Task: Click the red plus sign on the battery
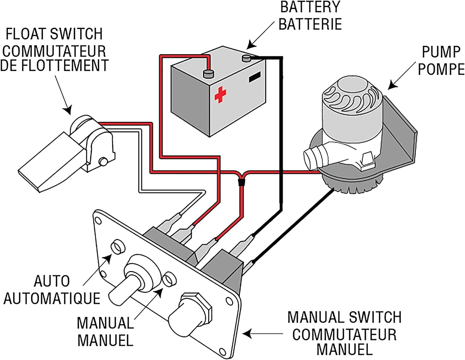(x=220, y=95)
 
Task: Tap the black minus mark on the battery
(x=255, y=77)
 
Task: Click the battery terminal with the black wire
(x=246, y=57)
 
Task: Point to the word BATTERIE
(x=310, y=24)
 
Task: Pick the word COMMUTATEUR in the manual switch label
(x=344, y=335)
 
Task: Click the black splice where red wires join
(x=240, y=182)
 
